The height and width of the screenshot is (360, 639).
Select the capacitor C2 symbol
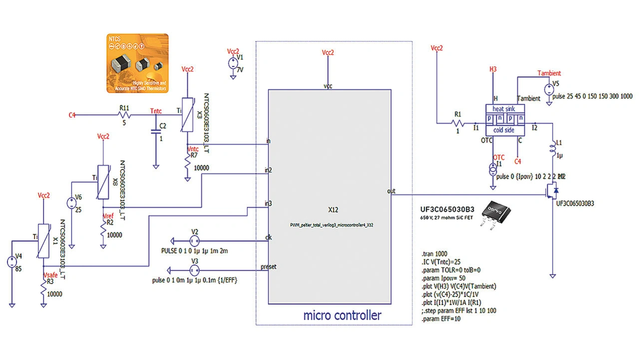(156, 132)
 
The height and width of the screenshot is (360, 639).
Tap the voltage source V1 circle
(233, 63)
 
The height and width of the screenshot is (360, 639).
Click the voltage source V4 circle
(11, 261)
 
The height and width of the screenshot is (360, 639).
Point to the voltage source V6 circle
(71, 203)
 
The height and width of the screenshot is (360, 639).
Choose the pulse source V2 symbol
(195, 241)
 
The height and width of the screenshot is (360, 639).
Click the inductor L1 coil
(553, 148)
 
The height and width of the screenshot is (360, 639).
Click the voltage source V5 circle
(548, 90)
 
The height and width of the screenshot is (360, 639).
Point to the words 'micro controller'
(342, 315)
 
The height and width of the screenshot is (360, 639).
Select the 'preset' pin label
(268, 267)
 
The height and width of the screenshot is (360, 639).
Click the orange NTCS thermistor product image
(137, 63)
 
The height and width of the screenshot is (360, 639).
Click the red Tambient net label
(549, 73)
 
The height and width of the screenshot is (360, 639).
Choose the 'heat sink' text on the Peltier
(504, 109)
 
